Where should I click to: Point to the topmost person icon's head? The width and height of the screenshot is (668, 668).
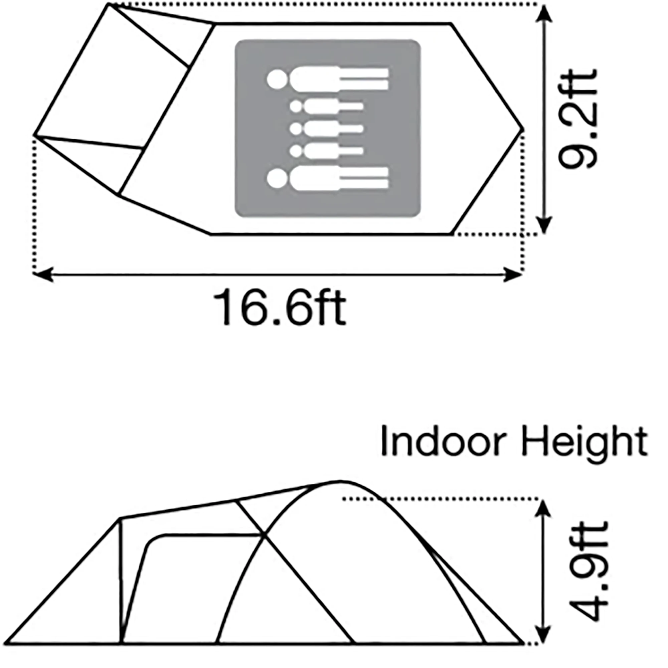[x=277, y=79]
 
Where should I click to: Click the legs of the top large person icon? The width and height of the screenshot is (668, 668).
[x=364, y=79]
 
